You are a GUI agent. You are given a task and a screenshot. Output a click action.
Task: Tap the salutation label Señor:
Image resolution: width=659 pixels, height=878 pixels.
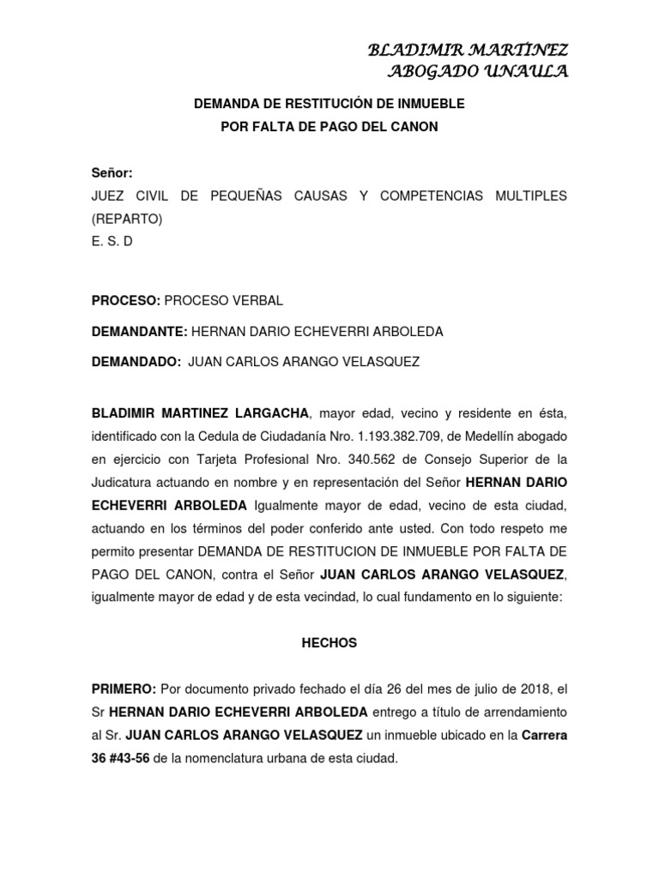pyautogui.click(x=112, y=173)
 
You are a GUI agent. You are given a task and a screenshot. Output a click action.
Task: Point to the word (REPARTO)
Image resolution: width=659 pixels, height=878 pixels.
pyautogui.click(x=126, y=219)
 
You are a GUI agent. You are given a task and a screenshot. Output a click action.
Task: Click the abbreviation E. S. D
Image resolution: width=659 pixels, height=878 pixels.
pyautogui.click(x=112, y=242)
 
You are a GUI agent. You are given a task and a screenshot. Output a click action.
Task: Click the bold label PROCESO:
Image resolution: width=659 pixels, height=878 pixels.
pyautogui.click(x=125, y=301)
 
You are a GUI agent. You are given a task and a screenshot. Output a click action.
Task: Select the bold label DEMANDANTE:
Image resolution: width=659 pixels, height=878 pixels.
pyautogui.click(x=139, y=331)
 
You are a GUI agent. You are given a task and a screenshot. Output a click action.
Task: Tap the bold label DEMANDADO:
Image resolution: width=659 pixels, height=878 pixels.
pyautogui.click(x=136, y=362)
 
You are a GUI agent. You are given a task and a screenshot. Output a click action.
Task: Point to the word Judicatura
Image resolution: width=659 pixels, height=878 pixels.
pyautogui.click(x=123, y=480)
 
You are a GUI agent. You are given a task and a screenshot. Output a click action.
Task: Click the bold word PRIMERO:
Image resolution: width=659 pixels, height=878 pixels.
pyautogui.click(x=124, y=689)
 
